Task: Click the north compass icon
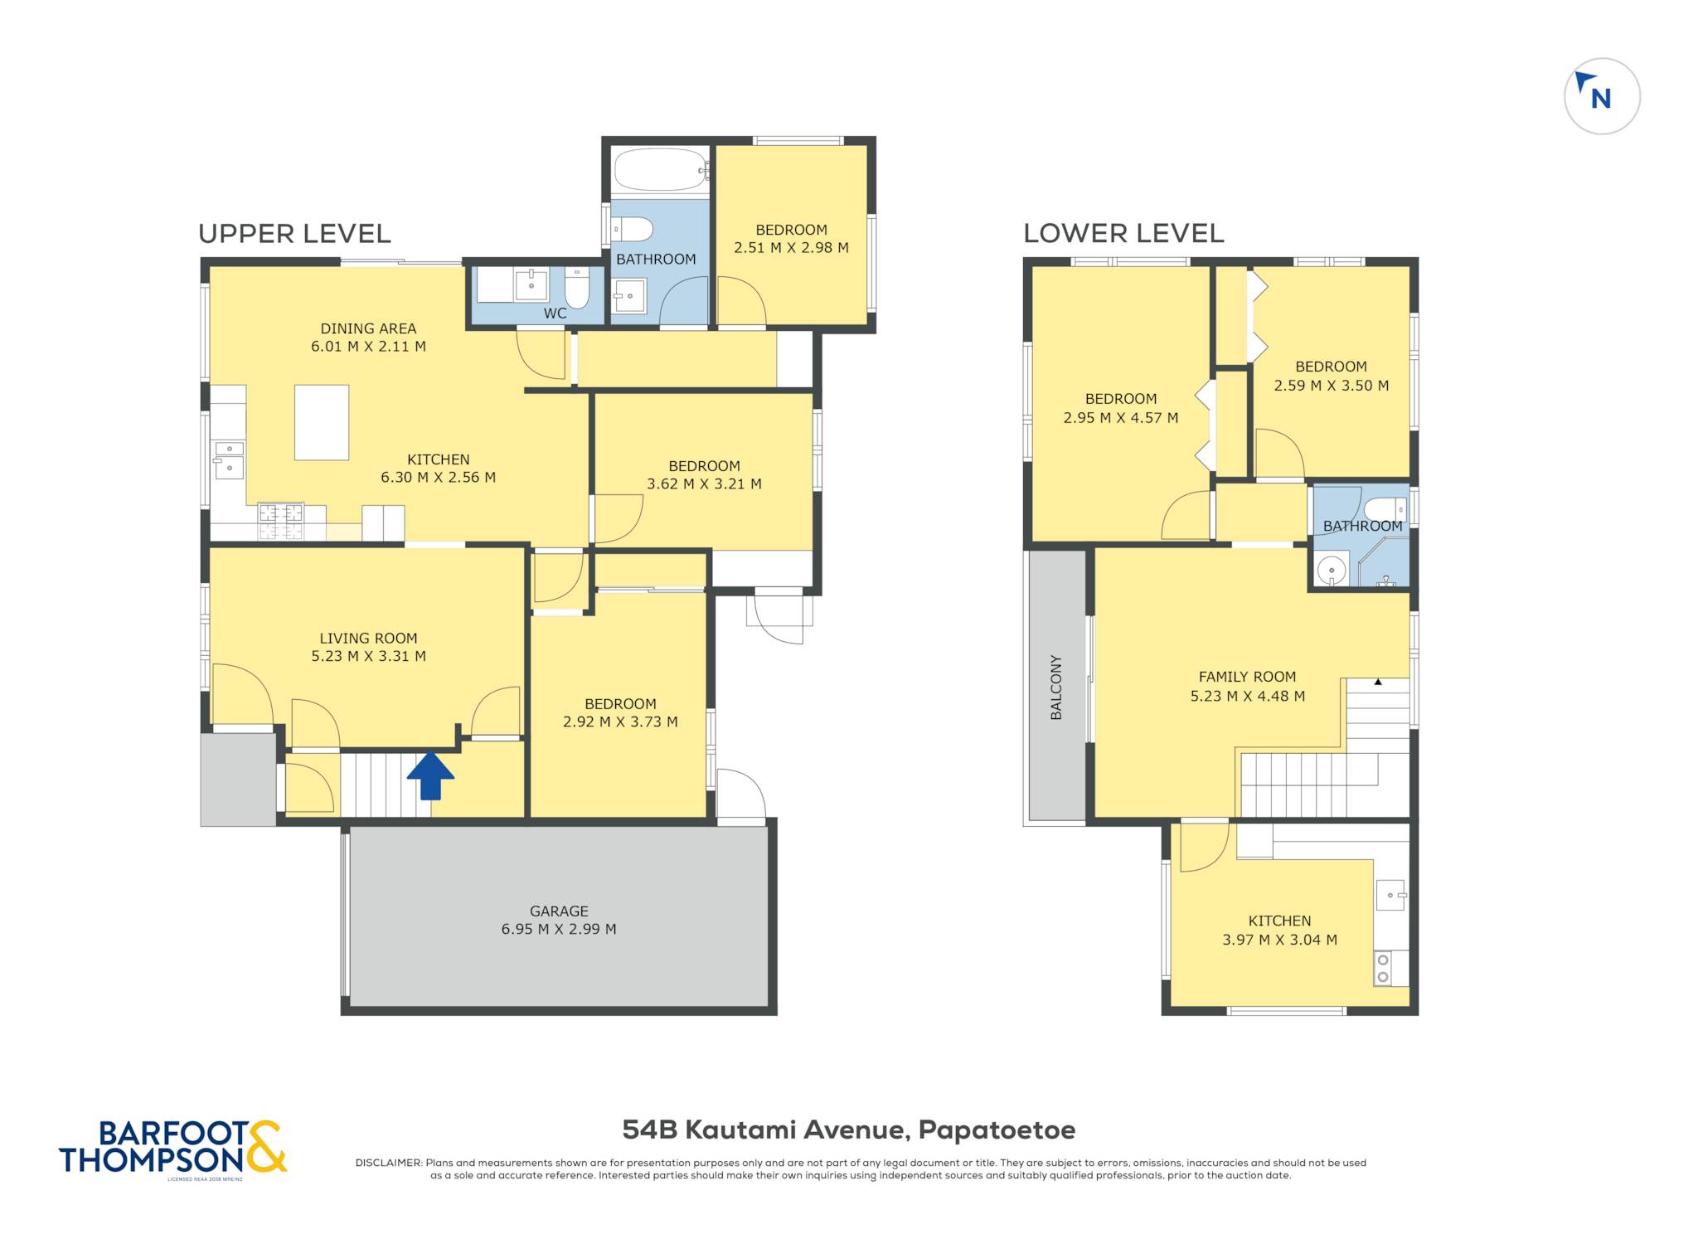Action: tap(1602, 96)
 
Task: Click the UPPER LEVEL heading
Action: tap(294, 234)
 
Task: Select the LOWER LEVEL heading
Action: tap(1123, 233)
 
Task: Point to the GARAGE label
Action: tap(559, 911)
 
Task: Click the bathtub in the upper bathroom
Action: tap(661, 170)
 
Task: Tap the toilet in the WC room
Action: tap(577, 288)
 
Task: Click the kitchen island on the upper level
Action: tap(322, 422)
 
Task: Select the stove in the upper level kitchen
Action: tap(280, 522)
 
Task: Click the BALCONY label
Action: tap(1056, 688)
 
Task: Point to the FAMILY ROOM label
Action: tap(1247, 677)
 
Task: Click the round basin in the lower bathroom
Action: tap(1332, 571)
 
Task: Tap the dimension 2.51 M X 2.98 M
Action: tap(791, 247)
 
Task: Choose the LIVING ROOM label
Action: tap(368, 638)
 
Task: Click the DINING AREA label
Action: tap(368, 328)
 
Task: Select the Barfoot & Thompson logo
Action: tap(173, 1147)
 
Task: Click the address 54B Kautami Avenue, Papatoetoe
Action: tap(849, 1130)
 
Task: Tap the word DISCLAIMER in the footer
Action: tap(389, 1163)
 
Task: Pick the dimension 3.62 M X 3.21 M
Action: tap(704, 483)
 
